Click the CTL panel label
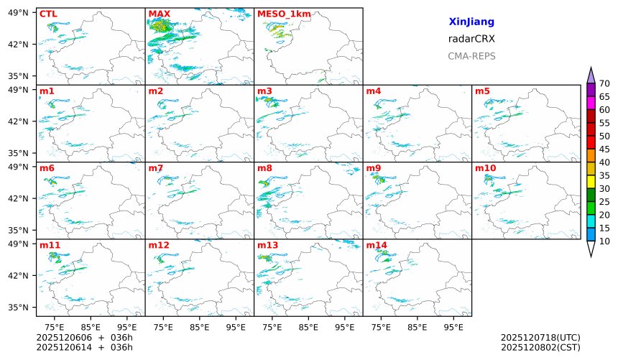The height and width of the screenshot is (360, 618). pyautogui.click(x=48, y=14)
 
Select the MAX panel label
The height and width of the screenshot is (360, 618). pyautogui.click(x=159, y=14)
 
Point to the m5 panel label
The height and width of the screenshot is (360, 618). pyautogui.click(x=482, y=91)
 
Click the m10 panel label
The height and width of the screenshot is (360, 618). pyautogui.click(x=485, y=168)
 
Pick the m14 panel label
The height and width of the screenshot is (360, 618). pyautogui.click(x=376, y=245)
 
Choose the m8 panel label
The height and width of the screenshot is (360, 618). pyautogui.click(x=264, y=168)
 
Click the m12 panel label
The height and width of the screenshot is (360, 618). pyautogui.click(x=158, y=245)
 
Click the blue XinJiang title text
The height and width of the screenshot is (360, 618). pyautogui.click(x=471, y=22)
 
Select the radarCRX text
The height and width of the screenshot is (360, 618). pyautogui.click(x=471, y=39)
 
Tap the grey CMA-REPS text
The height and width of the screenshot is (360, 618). pyautogui.click(x=471, y=56)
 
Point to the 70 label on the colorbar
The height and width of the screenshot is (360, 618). pyautogui.click(x=604, y=84)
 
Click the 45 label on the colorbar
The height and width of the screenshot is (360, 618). pyautogui.click(x=604, y=149)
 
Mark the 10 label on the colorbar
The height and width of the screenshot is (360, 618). pyautogui.click(x=604, y=241)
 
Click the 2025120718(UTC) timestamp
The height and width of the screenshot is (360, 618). pyautogui.click(x=540, y=337)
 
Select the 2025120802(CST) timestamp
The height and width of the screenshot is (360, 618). pyautogui.click(x=540, y=348)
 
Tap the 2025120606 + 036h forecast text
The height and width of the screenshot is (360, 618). pyautogui.click(x=85, y=337)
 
